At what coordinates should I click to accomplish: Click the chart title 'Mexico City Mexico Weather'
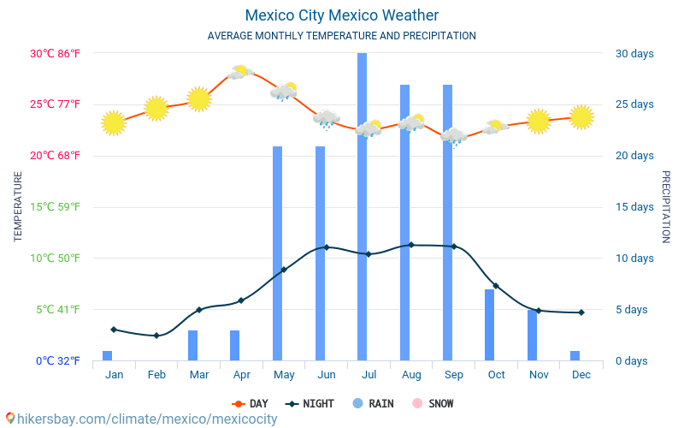click(341, 15)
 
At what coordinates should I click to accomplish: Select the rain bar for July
click(363, 205)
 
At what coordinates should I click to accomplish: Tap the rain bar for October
click(490, 324)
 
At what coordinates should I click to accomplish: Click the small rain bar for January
click(108, 355)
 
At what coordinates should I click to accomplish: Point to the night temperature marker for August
click(411, 245)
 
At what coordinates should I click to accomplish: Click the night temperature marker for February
click(156, 336)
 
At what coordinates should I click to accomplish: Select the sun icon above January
click(113, 123)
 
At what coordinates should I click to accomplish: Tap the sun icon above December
click(581, 116)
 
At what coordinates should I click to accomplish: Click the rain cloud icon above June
click(326, 119)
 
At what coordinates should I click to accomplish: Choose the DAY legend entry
click(250, 403)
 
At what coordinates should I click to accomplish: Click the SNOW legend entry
click(433, 403)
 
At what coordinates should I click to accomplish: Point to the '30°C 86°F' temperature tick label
click(56, 53)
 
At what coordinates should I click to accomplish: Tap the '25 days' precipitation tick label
click(634, 104)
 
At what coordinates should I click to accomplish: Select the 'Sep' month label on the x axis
click(454, 374)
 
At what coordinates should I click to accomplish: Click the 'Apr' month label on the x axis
click(241, 374)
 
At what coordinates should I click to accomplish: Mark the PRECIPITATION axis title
click(666, 206)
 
